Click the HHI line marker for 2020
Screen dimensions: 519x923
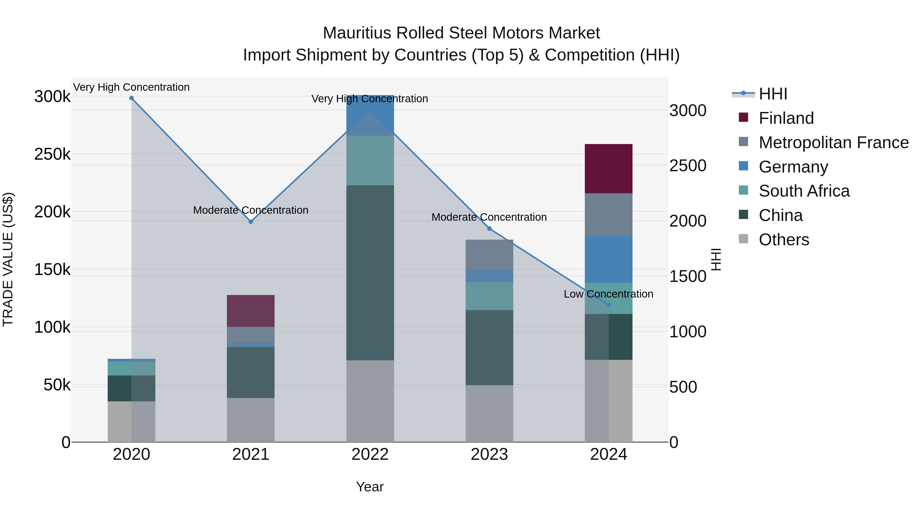pyautogui.click(x=132, y=98)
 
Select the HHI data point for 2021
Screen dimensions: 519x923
pyautogui.click(x=251, y=222)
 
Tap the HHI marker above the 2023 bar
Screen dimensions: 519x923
pyautogui.click(x=489, y=229)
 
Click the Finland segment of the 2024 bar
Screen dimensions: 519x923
pyautogui.click(x=608, y=169)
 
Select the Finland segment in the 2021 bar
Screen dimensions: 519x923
pyautogui.click(x=251, y=311)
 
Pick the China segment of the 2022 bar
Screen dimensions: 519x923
pyautogui.click(x=370, y=272)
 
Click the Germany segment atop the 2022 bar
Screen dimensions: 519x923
pyautogui.click(x=370, y=115)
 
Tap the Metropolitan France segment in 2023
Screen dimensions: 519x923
pyautogui.click(x=489, y=255)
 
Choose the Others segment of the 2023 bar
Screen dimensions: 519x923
pyautogui.click(x=489, y=413)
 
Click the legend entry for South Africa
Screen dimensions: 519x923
pyautogui.click(x=804, y=191)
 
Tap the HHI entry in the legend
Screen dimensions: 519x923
pyautogui.click(x=772, y=94)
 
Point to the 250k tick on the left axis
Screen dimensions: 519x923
pyautogui.click(x=52, y=154)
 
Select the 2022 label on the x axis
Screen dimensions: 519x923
pyautogui.click(x=370, y=454)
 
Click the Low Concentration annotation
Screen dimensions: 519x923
pyautogui.click(x=608, y=294)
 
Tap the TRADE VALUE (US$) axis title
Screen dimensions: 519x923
pyautogui.click(x=8, y=259)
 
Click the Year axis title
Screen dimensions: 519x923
pyautogui.click(x=370, y=487)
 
